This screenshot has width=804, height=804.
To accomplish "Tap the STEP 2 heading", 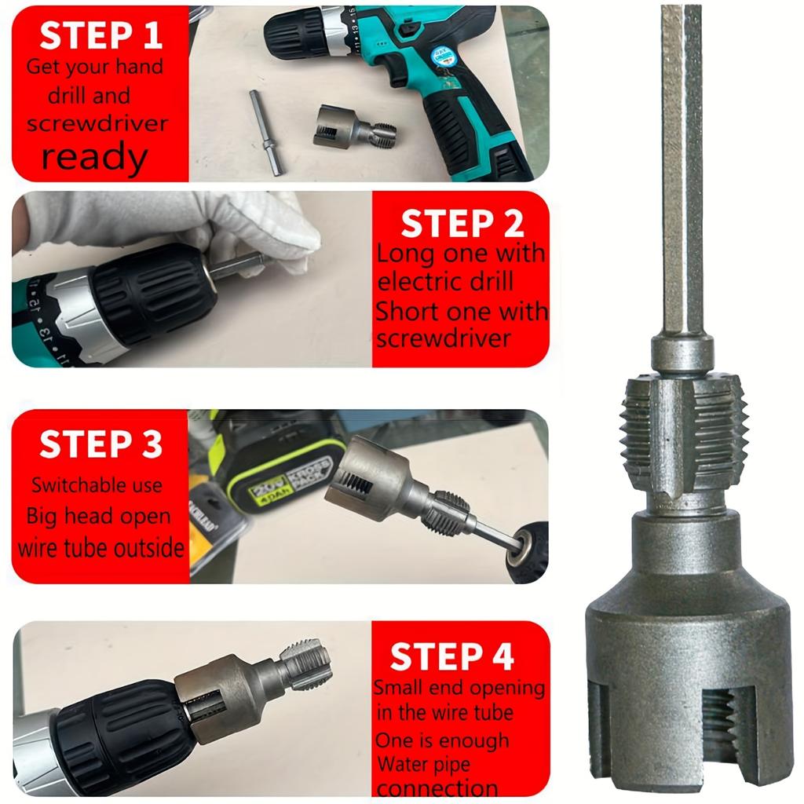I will [462, 224].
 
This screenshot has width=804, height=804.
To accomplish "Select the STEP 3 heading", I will [100, 444].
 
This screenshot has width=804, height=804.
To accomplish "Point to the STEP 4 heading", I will [451, 656].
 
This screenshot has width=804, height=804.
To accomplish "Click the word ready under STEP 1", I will [94, 157].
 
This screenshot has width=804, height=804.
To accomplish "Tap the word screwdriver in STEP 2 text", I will [444, 338].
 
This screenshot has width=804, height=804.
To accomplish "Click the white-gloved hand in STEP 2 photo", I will [181, 224].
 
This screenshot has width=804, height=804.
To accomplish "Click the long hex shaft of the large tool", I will [681, 173].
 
